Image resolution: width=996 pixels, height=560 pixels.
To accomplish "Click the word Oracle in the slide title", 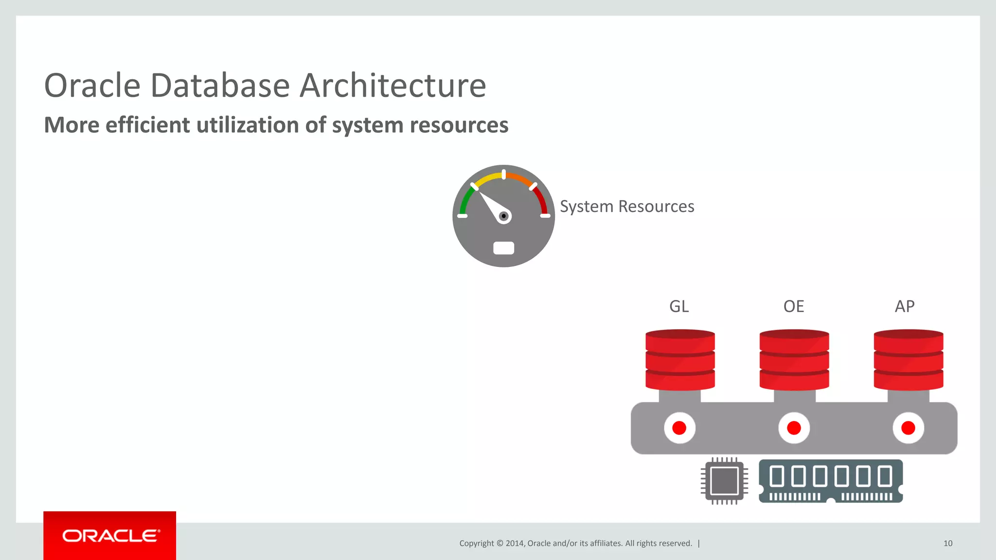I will tap(92, 86).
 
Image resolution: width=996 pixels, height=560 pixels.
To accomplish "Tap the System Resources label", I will tap(626, 207).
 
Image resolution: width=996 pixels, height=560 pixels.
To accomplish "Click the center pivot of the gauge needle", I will tap(504, 216).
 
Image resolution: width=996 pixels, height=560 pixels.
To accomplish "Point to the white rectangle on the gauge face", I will tap(503, 248).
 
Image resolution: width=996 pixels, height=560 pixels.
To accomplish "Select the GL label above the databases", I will tap(679, 306).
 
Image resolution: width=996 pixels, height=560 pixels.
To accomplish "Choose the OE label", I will tap(794, 306).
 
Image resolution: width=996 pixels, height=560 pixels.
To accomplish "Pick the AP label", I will tap(905, 306).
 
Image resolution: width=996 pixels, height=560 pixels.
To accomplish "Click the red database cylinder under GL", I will tap(680, 360).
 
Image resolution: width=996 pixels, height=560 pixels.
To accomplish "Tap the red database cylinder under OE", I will tap(794, 360).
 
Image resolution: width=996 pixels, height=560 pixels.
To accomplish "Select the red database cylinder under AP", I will tap(908, 360).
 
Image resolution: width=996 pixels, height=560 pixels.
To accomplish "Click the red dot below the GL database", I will tap(679, 428).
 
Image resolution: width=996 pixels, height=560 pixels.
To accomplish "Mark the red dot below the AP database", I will tap(908, 428).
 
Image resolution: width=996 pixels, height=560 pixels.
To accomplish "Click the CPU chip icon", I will tap(725, 481).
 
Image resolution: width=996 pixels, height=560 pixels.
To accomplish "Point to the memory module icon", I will tap(831, 480).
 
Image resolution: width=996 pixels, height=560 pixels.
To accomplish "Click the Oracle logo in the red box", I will tap(110, 536).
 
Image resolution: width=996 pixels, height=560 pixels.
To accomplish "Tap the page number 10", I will tap(948, 543).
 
